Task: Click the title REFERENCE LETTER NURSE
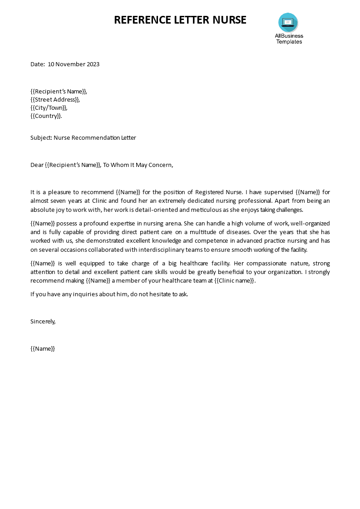click(180, 20)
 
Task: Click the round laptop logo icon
click(288, 22)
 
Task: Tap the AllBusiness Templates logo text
click(289, 39)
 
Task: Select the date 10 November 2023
click(74, 64)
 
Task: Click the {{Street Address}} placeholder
click(55, 100)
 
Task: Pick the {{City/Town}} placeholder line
click(49, 108)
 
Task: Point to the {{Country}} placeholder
click(46, 116)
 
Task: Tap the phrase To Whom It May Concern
click(138, 165)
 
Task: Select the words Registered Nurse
click(219, 192)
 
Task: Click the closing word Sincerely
click(43, 322)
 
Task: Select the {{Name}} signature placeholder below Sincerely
click(43, 349)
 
